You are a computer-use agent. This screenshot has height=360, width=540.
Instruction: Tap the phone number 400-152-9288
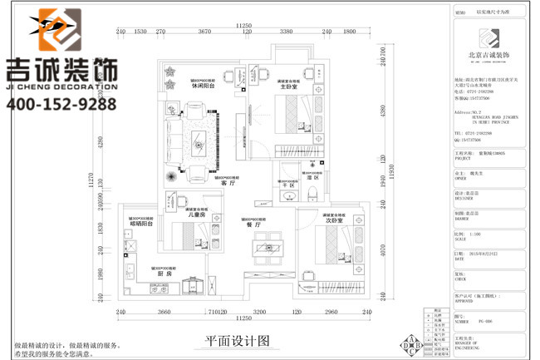(x=61, y=104)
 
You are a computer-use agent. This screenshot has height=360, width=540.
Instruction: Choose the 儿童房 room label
(x=197, y=215)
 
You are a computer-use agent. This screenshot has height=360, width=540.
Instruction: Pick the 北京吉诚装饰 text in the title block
(x=490, y=56)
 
